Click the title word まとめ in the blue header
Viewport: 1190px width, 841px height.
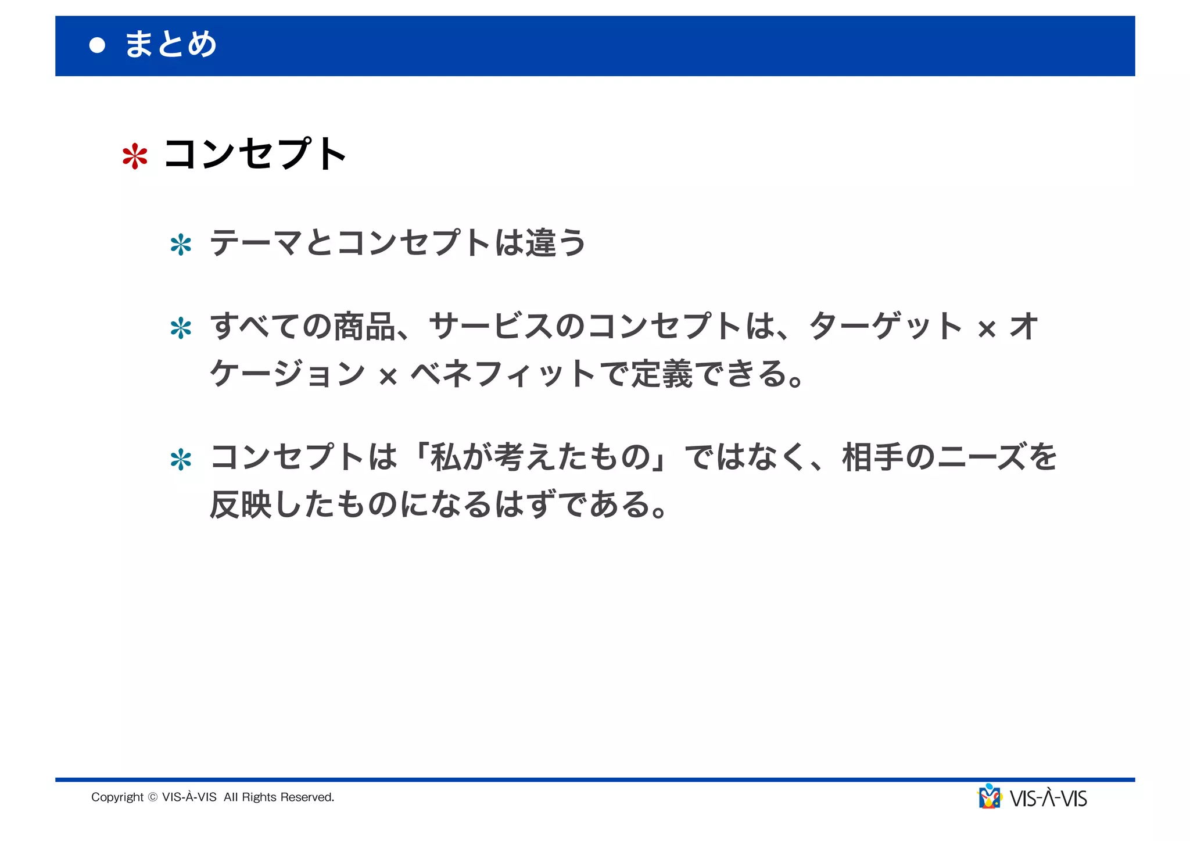coord(171,45)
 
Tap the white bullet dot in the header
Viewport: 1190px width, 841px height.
coord(98,45)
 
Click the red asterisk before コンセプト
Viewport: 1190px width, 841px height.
coord(135,156)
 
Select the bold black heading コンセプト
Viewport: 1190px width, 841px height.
coord(256,155)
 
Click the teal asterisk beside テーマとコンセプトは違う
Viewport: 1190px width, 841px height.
coord(181,245)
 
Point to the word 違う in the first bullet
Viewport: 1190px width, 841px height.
coord(555,243)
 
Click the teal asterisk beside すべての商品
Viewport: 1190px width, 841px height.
coord(181,328)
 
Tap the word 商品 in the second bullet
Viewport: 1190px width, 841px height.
coord(364,327)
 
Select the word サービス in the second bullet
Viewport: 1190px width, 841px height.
coord(491,327)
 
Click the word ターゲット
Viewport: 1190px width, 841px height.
coord(886,327)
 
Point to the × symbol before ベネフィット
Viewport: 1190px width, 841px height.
coord(388,377)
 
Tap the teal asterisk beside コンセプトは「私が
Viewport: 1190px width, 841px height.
coord(181,460)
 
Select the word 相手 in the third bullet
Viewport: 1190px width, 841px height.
coord(873,457)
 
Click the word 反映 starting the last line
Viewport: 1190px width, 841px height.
coord(241,504)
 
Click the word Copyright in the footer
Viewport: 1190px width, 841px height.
coord(117,797)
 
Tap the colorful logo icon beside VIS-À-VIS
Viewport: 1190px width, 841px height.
coord(990,797)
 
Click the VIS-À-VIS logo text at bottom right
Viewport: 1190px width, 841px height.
coord(1049,799)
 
